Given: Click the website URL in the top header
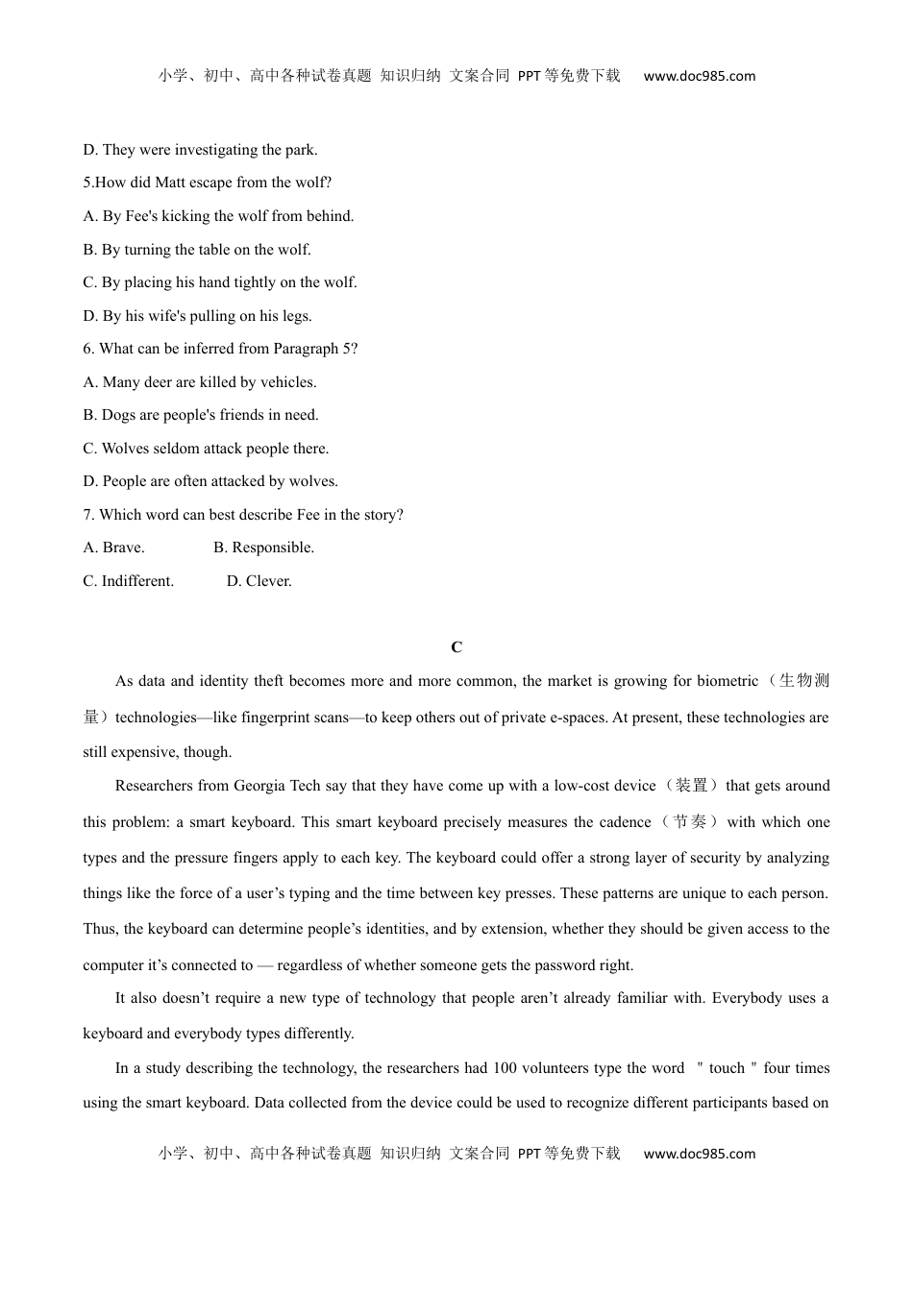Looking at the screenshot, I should tap(699, 77).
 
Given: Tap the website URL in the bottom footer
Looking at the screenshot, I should tap(699, 1155).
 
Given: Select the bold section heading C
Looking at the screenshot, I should tap(456, 647).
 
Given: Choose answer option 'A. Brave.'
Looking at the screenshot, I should tap(113, 548).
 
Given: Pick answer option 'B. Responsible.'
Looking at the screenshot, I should tap(263, 548).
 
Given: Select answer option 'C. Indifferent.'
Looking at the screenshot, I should tap(128, 581).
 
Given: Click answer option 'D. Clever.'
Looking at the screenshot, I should tap(259, 581).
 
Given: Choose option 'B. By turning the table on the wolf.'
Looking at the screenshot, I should tap(196, 250).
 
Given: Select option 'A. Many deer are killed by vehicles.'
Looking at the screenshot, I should tap(199, 382).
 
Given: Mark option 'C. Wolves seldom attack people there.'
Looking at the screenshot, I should tap(205, 449).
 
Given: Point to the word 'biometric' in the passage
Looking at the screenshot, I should tap(727, 681).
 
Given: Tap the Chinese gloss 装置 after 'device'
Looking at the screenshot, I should tap(691, 786).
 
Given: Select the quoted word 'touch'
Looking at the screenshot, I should tap(727, 1068).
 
